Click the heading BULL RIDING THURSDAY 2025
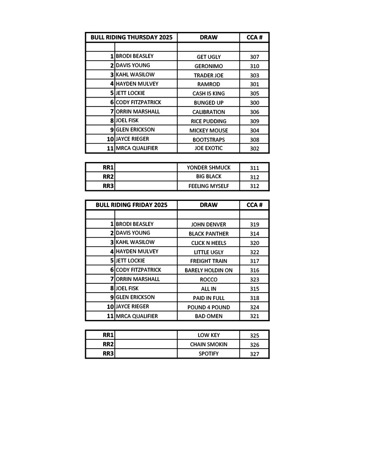131,37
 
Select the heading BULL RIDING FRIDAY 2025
131,205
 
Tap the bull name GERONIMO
208,66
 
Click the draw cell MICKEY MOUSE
208,131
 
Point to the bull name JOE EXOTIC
208,149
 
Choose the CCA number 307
254,57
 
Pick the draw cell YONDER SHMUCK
208,168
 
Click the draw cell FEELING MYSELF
208,186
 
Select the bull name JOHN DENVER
208,225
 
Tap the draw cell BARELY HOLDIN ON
208,270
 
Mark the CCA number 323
254,280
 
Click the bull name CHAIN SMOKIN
208,344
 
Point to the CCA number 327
254,354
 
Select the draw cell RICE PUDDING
208,121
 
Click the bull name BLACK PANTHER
208,234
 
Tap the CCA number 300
254,103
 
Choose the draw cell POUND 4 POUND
208,307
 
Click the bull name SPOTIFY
208,354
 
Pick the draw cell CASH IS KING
208,94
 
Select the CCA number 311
254,168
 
